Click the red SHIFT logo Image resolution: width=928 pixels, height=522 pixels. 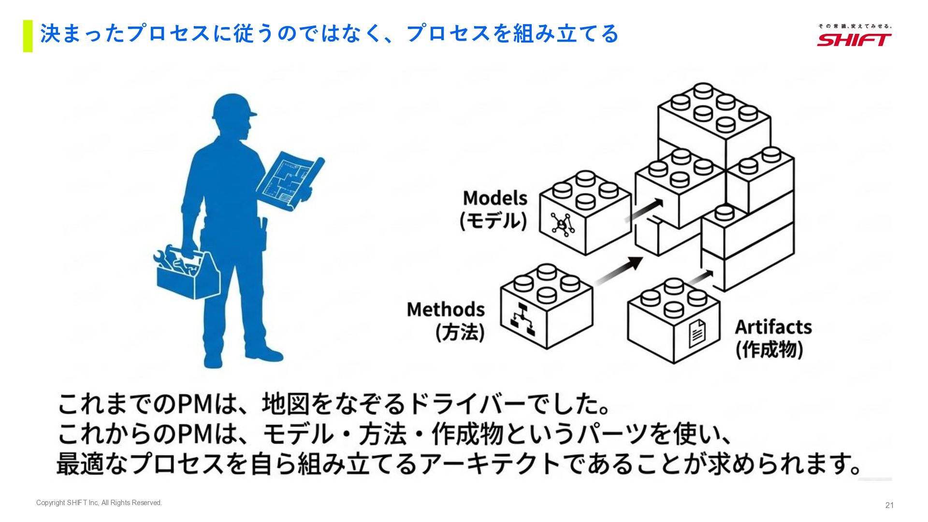coord(854,39)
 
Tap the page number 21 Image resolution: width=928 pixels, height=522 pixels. coord(889,505)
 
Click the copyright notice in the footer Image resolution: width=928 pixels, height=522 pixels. coord(99,503)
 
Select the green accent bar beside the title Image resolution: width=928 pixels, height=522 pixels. coord(28,36)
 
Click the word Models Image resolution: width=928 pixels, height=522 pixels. coord(495,198)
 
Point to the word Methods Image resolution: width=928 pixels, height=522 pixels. coord(445,309)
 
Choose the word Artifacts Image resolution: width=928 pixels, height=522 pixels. coord(773,327)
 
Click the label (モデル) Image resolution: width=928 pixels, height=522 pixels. coord(493,221)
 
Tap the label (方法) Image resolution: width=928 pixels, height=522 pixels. coord(460,333)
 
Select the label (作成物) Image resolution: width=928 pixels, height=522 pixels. coord(769,349)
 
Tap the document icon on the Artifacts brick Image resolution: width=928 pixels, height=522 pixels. coord(697,333)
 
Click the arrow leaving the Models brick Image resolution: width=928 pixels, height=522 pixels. coord(645,210)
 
